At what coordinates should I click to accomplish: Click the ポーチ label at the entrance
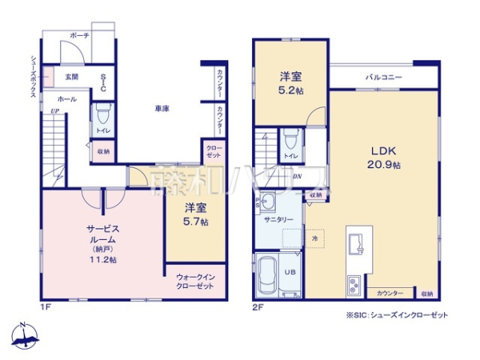[x=78, y=36]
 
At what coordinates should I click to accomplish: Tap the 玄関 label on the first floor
[x=71, y=77]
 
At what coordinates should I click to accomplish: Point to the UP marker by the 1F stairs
[x=54, y=111]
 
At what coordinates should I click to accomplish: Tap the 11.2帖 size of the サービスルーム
[x=102, y=260]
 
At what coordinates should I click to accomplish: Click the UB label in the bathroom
[x=290, y=272]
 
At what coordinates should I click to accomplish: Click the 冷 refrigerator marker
[x=314, y=238]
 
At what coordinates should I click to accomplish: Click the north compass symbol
[x=25, y=336]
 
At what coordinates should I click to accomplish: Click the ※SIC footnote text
[x=396, y=315]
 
